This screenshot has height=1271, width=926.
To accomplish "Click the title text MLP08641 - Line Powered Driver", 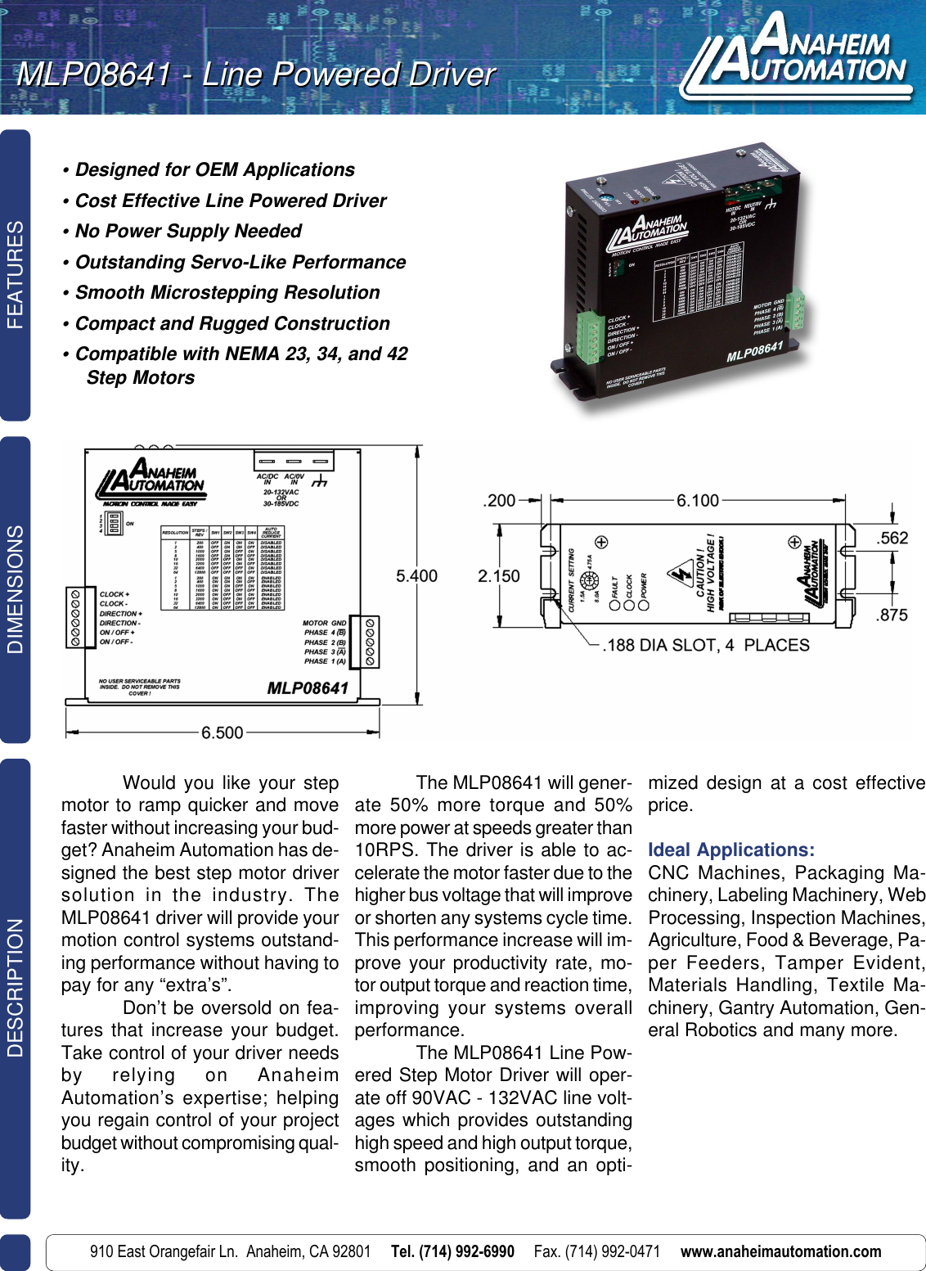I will pos(255,74).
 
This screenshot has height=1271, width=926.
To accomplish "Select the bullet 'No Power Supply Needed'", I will pos(188,232).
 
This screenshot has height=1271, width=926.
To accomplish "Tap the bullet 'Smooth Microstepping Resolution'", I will pos(227,293).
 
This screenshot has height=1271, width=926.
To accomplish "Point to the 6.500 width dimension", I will pos(222,732).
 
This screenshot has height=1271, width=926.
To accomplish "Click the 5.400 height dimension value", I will pos(416,576).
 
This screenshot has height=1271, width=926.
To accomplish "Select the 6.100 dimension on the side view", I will pos(697,501).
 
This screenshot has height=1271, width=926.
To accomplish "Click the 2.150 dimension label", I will pos(498,576).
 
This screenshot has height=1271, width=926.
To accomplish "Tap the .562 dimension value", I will pos(892,539).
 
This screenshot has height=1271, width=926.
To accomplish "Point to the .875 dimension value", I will pos(892,615).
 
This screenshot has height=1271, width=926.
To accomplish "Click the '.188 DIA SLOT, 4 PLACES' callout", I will pos(705,646).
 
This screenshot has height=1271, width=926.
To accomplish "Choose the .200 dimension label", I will pos(499,501).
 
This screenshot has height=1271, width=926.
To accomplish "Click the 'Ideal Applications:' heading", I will pos(731,850).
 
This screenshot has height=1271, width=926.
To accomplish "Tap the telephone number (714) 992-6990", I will pos(452,1251).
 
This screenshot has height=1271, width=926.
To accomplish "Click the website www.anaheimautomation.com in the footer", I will pos(780,1251).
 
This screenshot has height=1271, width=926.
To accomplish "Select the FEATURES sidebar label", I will pos(15,275).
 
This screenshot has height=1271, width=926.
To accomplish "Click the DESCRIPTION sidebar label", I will pos(15,988).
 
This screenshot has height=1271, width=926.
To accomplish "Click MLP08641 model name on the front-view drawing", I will pos(308,688).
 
